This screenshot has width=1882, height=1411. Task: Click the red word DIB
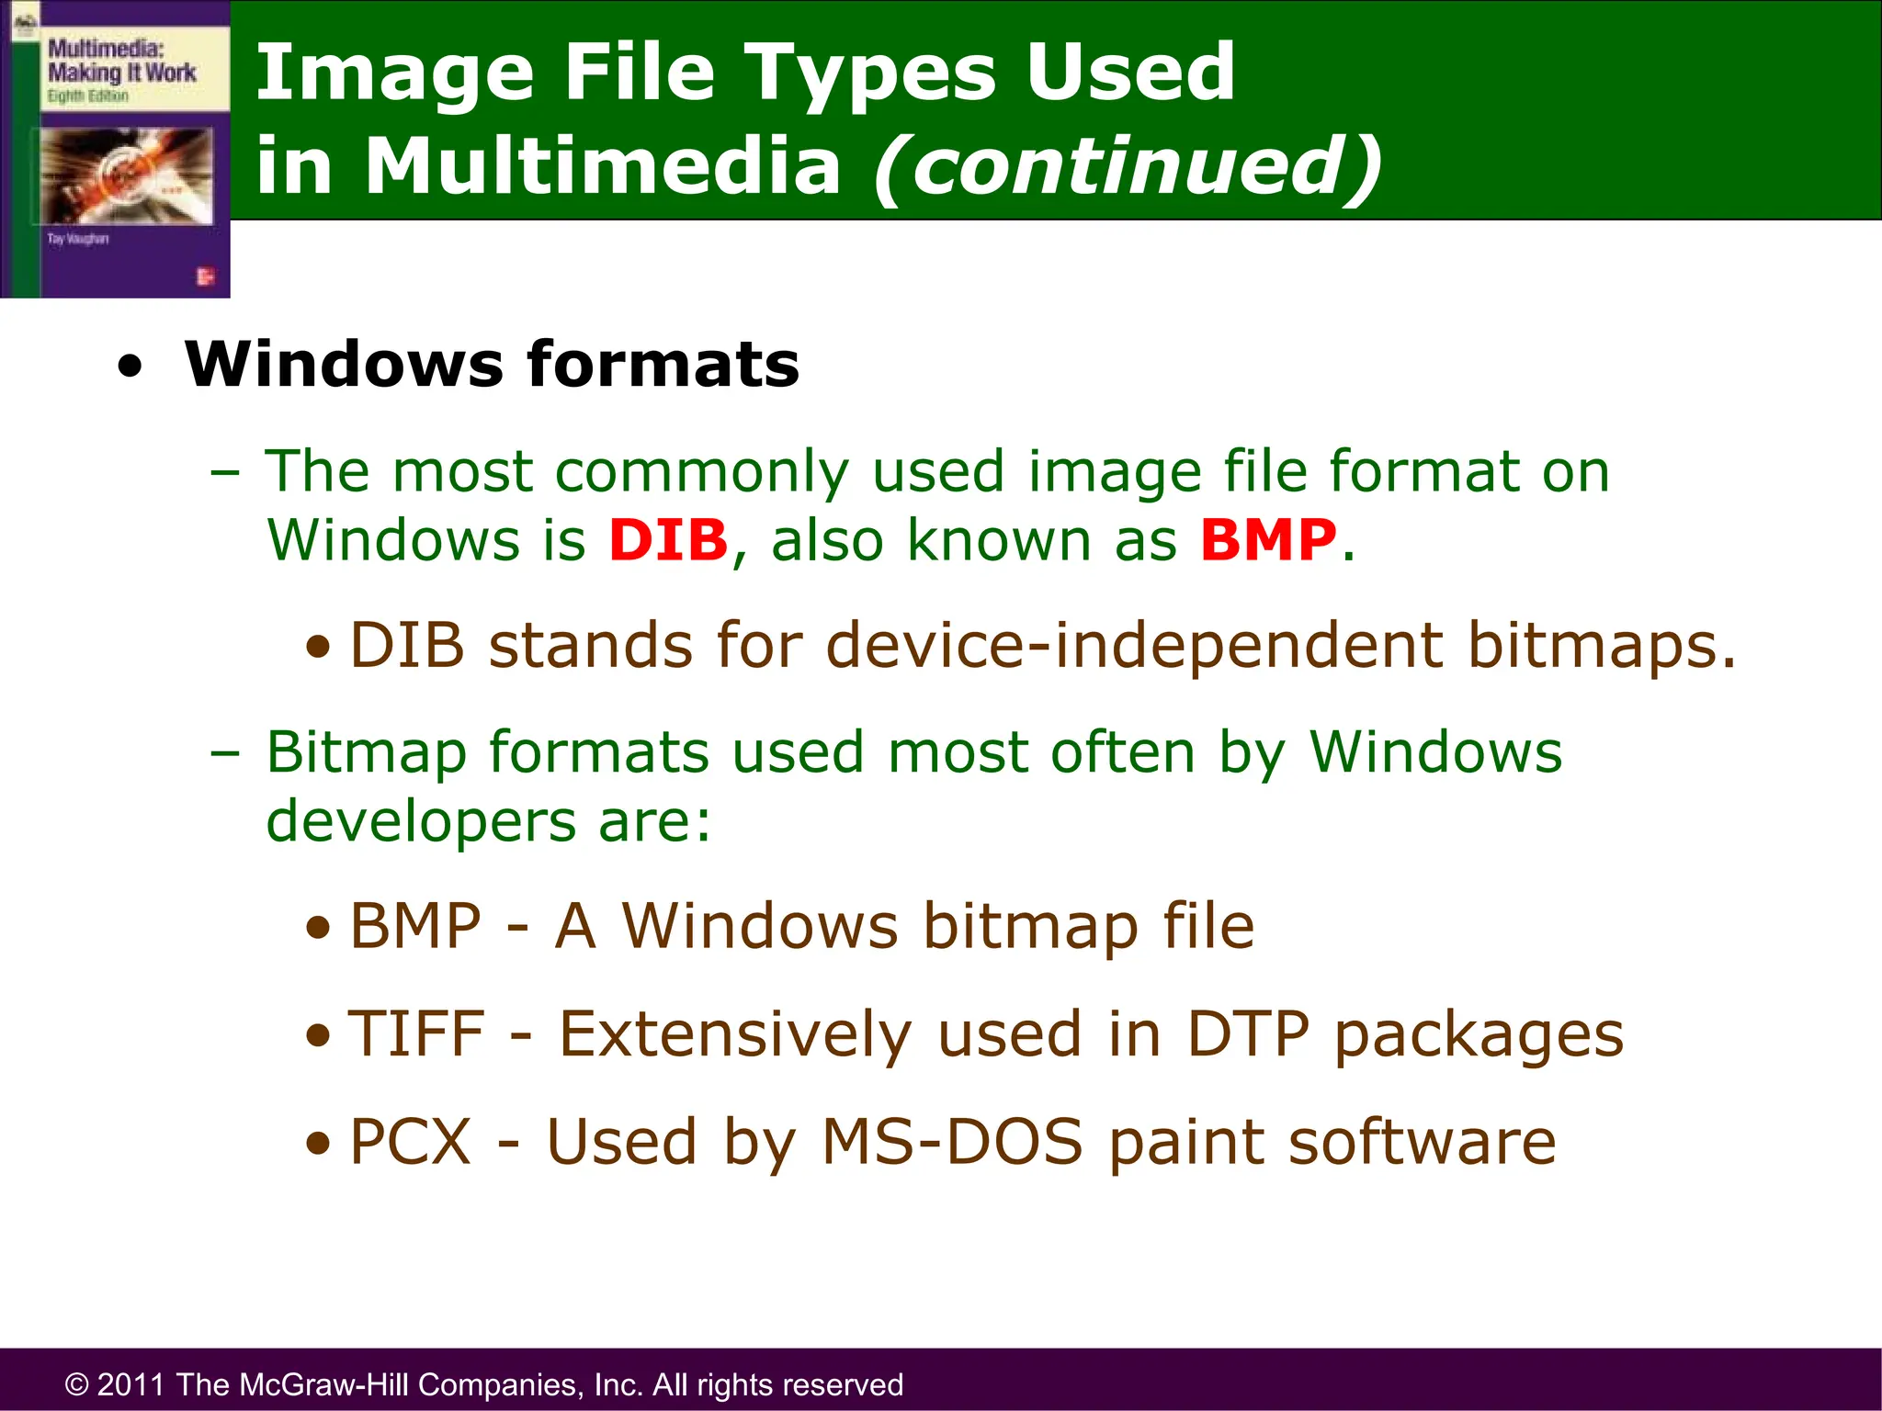(x=668, y=540)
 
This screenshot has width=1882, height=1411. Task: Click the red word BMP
(x=1268, y=540)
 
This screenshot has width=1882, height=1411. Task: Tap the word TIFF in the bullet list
(x=416, y=1034)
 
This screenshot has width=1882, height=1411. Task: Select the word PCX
(x=411, y=1142)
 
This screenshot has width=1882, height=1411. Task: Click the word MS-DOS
(x=952, y=1142)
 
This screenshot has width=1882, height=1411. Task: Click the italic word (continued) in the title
(x=1127, y=166)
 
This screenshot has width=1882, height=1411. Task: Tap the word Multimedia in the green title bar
(x=603, y=166)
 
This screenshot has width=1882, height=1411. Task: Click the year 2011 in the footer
(x=131, y=1384)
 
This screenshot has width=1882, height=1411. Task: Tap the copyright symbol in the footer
(x=76, y=1384)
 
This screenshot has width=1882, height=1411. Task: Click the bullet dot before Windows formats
(x=130, y=367)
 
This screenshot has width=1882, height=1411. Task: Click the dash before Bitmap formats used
(x=224, y=753)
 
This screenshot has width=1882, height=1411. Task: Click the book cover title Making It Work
(x=121, y=73)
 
